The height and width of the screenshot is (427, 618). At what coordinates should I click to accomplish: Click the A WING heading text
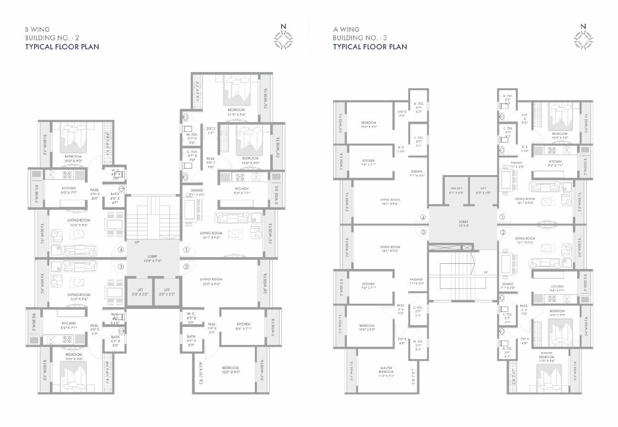pos(346,29)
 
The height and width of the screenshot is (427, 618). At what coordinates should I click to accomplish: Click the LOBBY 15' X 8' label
pos(463,223)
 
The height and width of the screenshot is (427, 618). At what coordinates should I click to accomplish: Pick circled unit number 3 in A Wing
pos(423,232)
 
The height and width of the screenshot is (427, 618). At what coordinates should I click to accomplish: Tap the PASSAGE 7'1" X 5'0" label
pos(417,281)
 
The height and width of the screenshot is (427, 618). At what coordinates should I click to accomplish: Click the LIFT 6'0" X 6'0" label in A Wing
pos(483,189)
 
